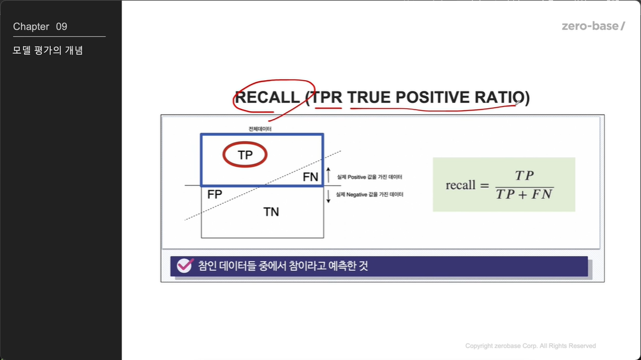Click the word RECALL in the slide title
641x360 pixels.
pos(267,97)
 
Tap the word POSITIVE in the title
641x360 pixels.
pos(432,97)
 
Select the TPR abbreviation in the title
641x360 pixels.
pos(326,97)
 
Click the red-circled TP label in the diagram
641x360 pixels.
pos(245,155)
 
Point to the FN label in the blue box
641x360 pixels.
pos(310,177)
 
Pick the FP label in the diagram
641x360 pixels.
pos(215,194)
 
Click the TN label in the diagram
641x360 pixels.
pos(271,212)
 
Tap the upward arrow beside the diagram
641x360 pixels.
pos(328,175)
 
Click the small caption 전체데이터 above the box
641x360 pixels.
pos(260,129)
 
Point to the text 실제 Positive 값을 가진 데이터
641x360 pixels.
pos(370,177)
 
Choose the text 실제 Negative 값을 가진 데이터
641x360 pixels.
pos(370,194)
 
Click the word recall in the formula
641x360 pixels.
pos(460,185)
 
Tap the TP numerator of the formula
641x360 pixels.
pos(524,175)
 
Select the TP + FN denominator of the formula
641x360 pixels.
pos(524,194)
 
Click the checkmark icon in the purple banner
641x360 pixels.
pos(185,266)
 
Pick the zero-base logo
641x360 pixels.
pos(593,26)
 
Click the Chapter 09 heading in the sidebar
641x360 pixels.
pos(40,26)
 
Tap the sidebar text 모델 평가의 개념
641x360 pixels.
pos(48,50)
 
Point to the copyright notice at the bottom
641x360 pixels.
pos(530,346)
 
